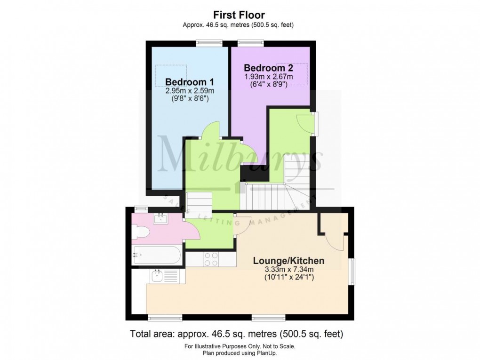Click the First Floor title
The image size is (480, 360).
240,16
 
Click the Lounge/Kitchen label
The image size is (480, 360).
288,260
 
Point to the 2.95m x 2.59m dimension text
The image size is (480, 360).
190,91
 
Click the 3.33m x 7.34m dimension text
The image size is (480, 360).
288,269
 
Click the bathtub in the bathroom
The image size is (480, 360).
157,255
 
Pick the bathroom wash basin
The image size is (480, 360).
161,218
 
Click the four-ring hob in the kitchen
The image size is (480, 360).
210,259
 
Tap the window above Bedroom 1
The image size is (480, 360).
208,43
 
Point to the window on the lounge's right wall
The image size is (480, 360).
352,271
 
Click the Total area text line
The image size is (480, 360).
236,334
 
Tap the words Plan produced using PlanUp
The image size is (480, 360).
240,352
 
